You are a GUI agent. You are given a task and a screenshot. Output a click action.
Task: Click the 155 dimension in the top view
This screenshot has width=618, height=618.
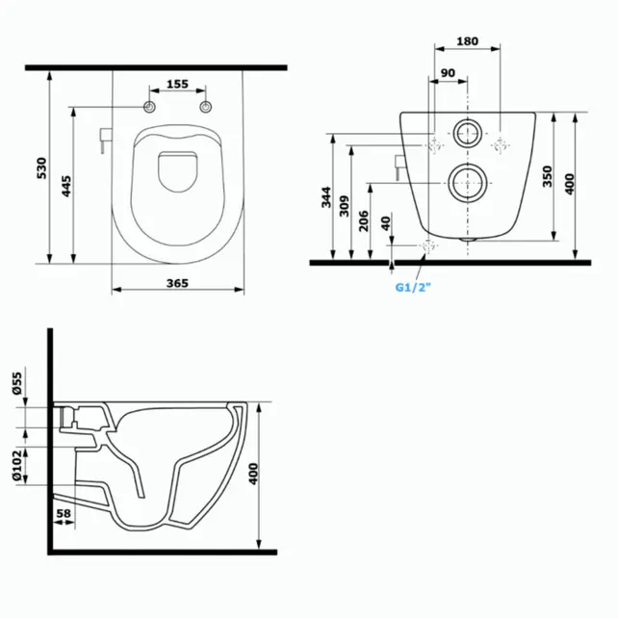pyautogui.click(x=176, y=85)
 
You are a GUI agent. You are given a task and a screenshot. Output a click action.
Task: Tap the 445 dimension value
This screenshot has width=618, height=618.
pyautogui.click(x=66, y=185)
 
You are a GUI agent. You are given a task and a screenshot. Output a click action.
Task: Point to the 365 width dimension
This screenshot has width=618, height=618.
pyautogui.click(x=176, y=283)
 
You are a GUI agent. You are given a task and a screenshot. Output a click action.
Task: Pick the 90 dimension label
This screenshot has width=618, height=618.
pyautogui.click(x=448, y=73)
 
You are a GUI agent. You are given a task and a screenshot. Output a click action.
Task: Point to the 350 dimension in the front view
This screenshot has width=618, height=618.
pyautogui.click(x=547, y=176)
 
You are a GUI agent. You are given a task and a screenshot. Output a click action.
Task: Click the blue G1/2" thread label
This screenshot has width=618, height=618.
pyautogui.click(x=414, y=286)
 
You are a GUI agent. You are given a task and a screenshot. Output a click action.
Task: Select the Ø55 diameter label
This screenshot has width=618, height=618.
pyautogui.click(x=17, y=384)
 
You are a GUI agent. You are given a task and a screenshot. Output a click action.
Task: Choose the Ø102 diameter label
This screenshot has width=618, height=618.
pyautogui.click(x=17, y=465)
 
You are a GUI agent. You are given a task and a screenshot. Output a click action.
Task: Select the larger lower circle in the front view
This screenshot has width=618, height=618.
pyautogui.click(x=467, y=181)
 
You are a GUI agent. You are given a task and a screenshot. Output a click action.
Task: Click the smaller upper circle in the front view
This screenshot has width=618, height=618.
pyautogui.click(x=467, y=134)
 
